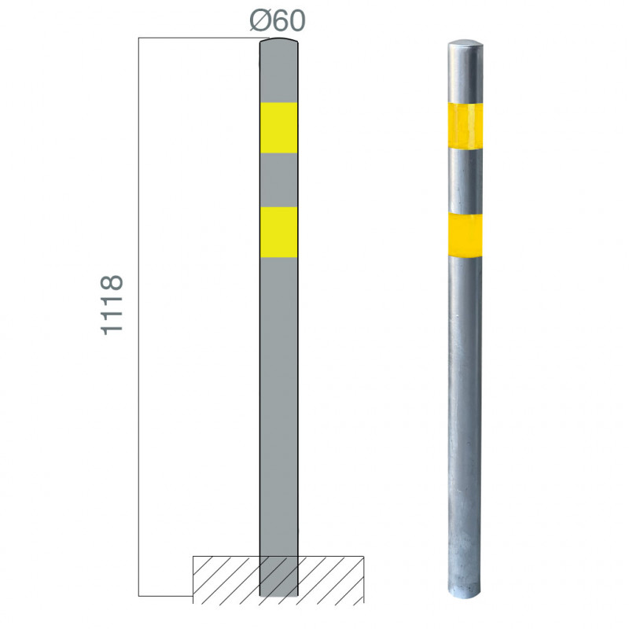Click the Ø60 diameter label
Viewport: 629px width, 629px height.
coord(278,20)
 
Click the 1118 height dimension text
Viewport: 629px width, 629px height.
coord(112,305)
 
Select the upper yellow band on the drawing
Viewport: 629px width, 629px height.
coord(279,128)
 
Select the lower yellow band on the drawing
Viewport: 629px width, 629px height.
coord(279,232)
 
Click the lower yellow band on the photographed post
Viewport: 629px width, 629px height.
coord(465,235)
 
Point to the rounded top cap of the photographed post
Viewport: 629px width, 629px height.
coord(465,43)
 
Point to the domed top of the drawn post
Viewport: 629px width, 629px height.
coord(279,41)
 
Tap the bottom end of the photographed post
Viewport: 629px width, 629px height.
coord(464,592)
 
